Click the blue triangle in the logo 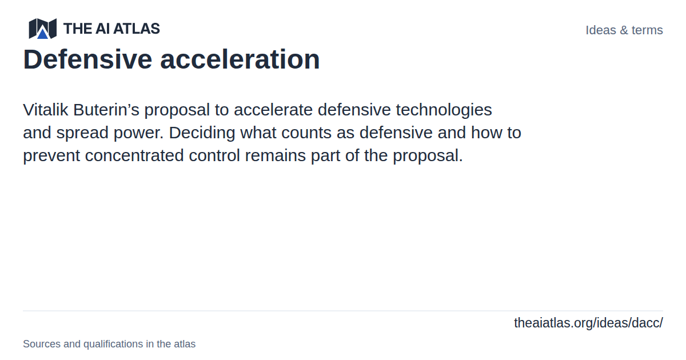coord(42,34)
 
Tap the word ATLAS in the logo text coord(137,29)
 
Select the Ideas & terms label coord(624,30)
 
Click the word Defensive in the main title coord(87,59)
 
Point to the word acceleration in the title coord(240,59)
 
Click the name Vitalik coord(45,110)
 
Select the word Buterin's coord(106,110)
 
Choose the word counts coord(306,133)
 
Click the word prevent coord(51,156)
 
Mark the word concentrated coord(134,155)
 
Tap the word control coord(214,155)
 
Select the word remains coord(276,155)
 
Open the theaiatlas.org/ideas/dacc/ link coord(588,323)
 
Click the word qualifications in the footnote coord(113,344)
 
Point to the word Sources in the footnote coord(42,344)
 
